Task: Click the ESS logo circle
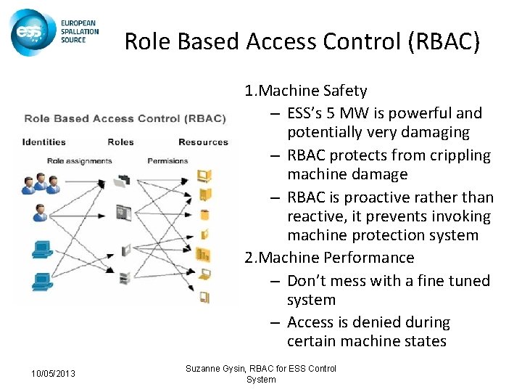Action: (32, 32)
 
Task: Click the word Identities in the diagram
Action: (44, 142)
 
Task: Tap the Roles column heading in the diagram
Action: (120, 142)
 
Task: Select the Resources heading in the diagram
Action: (203, 142)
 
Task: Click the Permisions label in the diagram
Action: (167, 160)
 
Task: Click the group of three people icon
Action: (40, 184)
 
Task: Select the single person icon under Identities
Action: (40, 213)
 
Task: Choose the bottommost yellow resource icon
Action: (204, 296)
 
